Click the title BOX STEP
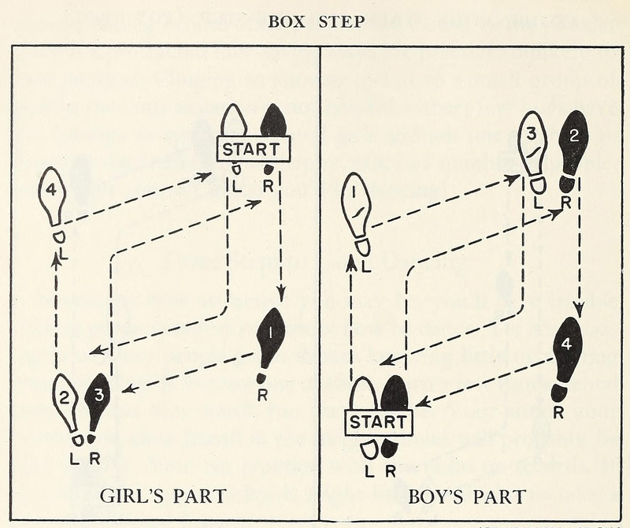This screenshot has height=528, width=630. (x=316, y=21)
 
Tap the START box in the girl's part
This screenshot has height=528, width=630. (x=254, y=148)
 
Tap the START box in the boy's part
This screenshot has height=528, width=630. (x=378, y=422)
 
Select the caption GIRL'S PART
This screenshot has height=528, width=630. (x=163, y=496)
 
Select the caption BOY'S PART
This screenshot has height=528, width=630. (x=468, y=496)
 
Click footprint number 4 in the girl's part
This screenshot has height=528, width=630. (x=52, y=195)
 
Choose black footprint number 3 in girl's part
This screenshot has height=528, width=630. (x=98, y=398)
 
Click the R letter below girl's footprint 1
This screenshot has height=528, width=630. (x=261, y=395)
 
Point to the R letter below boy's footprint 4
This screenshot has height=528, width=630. (x=558, y=411)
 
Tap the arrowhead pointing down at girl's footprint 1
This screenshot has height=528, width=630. (x=280, y=298)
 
